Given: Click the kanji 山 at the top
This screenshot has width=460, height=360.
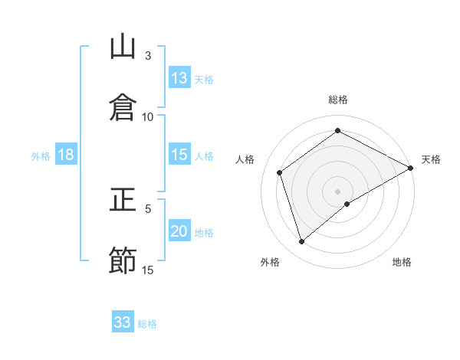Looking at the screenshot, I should point(123,47).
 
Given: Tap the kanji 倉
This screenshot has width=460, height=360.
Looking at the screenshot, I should point(123,106).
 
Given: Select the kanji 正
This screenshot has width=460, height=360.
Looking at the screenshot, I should point(123,202).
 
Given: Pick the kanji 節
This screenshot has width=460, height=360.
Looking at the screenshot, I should point(123,260).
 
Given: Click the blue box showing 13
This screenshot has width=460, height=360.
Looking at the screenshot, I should point(179,78).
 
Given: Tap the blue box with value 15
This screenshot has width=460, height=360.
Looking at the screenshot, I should point(179,155).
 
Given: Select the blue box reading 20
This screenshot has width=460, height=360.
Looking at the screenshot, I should point(179,231).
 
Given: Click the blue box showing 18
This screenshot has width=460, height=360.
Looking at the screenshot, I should point(66,155).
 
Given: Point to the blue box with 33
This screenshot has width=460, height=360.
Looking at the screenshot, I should point(123,322).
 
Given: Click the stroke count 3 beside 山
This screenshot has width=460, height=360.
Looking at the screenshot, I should point(148,55).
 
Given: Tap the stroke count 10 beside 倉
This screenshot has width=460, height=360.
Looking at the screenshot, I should point(148,116).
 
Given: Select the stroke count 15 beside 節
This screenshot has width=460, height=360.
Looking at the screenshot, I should point(148,270).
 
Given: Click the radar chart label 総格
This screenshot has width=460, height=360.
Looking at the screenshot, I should point(338,100).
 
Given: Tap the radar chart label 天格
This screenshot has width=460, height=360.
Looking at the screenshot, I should point(431,159).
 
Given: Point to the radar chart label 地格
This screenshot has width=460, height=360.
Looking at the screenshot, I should point(402,262).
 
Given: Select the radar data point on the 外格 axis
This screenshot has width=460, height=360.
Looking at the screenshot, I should point(301,242).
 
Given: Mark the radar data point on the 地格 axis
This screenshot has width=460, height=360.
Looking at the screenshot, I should point(347,204).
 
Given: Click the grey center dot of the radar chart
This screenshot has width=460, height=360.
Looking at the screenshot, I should point(338,191).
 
